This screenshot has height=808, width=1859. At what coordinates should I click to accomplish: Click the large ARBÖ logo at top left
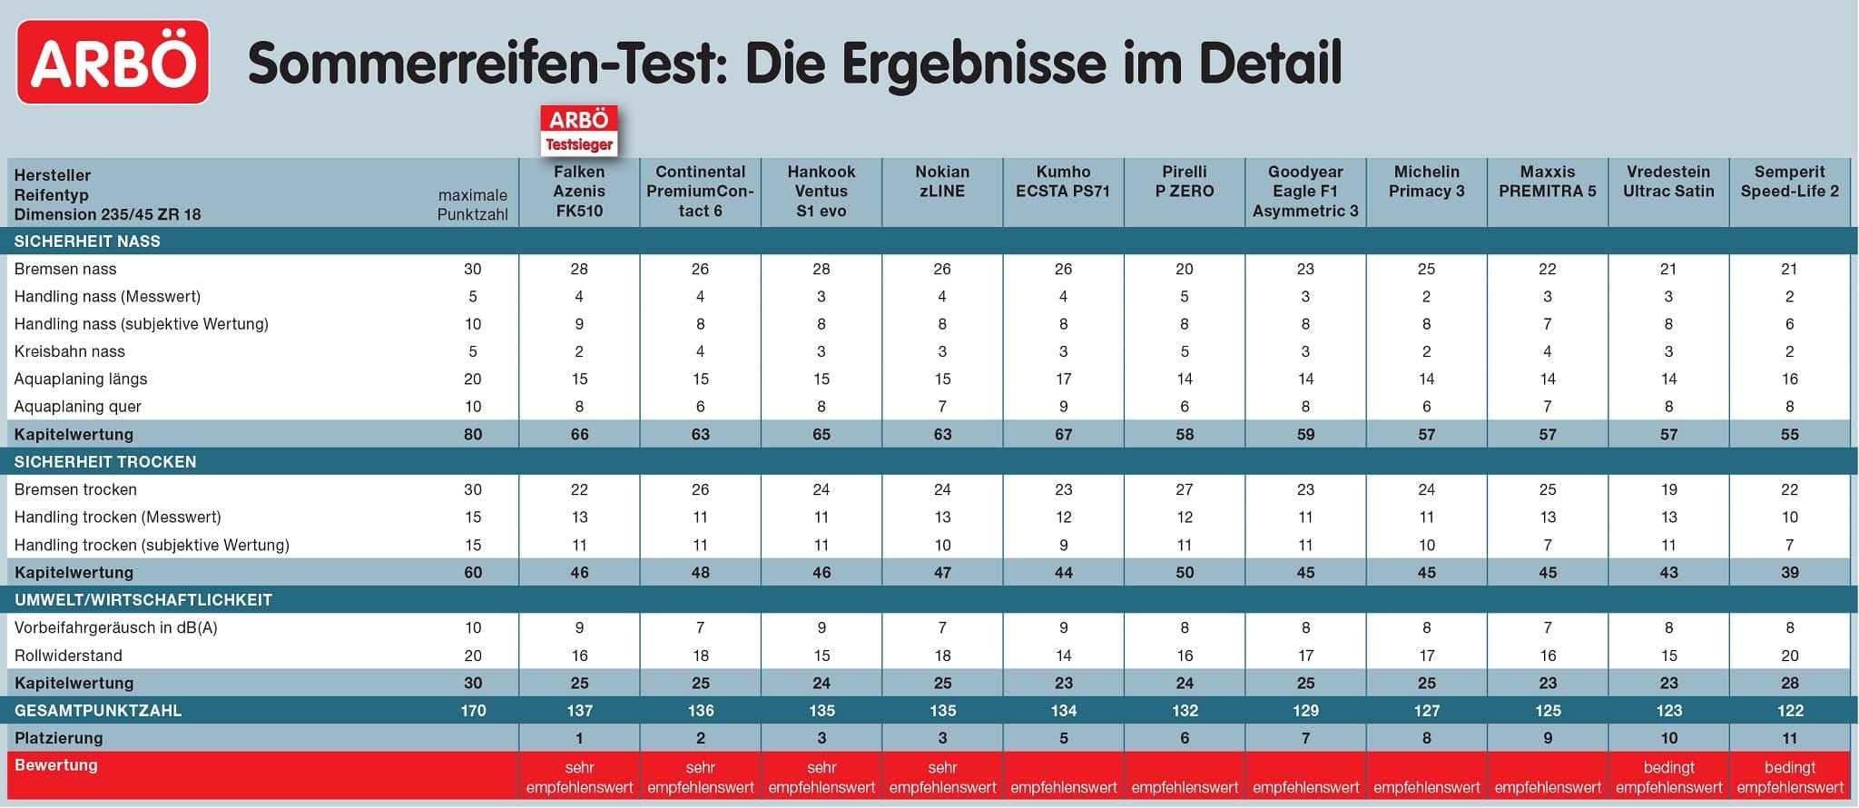pyautogui.click(x=113, y=62)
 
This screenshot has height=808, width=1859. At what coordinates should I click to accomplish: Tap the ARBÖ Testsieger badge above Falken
pyautogui.click(x=579, y=130)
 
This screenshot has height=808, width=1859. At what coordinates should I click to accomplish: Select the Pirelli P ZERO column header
pyautogui.click(x=1185, y=182)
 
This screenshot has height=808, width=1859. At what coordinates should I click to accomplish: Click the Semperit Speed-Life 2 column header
pyautogui.click(x=1789, y=182)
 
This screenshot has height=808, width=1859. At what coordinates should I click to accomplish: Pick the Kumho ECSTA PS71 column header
pyautogui.click(x=1063, y=182)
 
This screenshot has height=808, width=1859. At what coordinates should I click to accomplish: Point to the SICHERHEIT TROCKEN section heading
pyautogui.click(x=105, y=461)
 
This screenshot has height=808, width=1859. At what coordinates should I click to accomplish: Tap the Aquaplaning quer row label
pyautogui.click(x=77, y=407)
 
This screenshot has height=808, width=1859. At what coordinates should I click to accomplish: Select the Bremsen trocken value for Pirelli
pyautogui.click(x=1185, y=489)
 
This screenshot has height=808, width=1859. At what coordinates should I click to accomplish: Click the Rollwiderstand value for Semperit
pyautogui.click(x=1789, y=655)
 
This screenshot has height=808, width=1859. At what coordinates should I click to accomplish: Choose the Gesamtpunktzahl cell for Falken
pyautogui.click(x=579, y=711)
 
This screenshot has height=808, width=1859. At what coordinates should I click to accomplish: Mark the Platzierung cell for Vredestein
pyautogui.click(x=1668, y=738)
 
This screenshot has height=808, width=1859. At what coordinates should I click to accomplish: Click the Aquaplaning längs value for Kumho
pyautogui.click(x=1063, y=379)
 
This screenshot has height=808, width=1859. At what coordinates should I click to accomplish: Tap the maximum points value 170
pyautogui.click(x=473, y=711)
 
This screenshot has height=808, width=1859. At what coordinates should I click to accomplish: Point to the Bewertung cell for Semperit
pyautogui.click(x=1789, y=777)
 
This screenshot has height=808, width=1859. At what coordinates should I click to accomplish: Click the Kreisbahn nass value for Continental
pyautogui.click(x=700, y=351)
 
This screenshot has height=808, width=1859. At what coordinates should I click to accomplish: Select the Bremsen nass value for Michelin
pyautogui.click(x=1426, y=269)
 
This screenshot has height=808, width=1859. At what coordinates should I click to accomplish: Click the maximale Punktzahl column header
pyautogui.click(x=472, y=204)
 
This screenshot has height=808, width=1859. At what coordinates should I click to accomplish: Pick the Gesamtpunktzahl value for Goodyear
pyautogui.click(x=1305, y=711)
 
